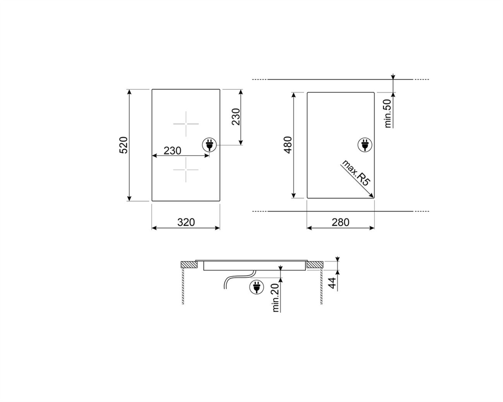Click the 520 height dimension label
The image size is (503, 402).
click(123, 145)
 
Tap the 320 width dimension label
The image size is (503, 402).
click(186, 222)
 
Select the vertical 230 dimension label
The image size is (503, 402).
click(236, 117)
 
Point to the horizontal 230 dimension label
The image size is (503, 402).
click(172, 151)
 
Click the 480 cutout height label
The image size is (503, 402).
click(288, 145)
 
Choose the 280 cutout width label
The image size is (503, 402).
click(340, 222)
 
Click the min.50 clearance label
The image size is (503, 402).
click(388, 114)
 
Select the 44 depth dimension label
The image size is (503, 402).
click(332, 283)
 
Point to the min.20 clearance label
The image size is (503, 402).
click(275, 298)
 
